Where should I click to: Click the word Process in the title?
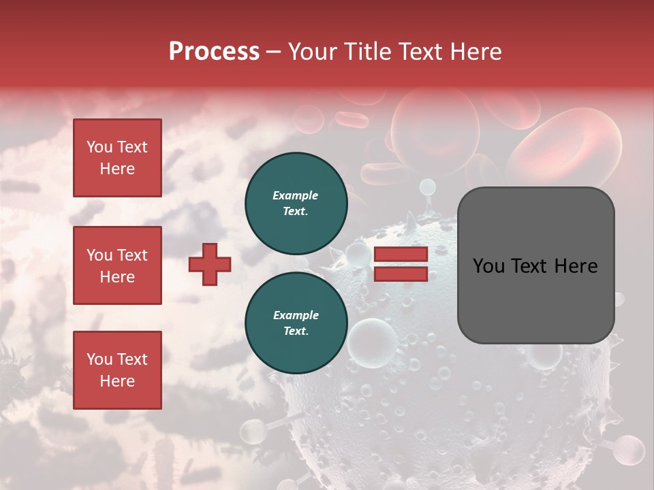(x=214, y=52)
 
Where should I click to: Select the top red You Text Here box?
(x=117, y=158)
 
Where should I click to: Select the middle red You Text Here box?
(x=117, y=265)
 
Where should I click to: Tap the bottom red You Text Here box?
(x=117, y=370)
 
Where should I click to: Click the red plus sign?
(x=210, y=265)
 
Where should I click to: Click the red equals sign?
(x=401, y=264)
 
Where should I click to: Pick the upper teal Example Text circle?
(x=296, y=203)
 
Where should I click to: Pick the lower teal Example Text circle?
(x=296, y=323)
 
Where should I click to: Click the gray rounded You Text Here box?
(x=535, y=265)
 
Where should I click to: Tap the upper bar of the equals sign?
(x=401, y=255)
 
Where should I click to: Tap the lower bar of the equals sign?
(x=401, y=274)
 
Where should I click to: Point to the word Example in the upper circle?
(x=295, y=195)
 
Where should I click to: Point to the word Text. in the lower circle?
(x=296, y=331)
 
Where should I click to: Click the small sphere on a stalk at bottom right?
(x=627, y=450)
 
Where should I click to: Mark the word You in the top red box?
(x=99, y=147)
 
